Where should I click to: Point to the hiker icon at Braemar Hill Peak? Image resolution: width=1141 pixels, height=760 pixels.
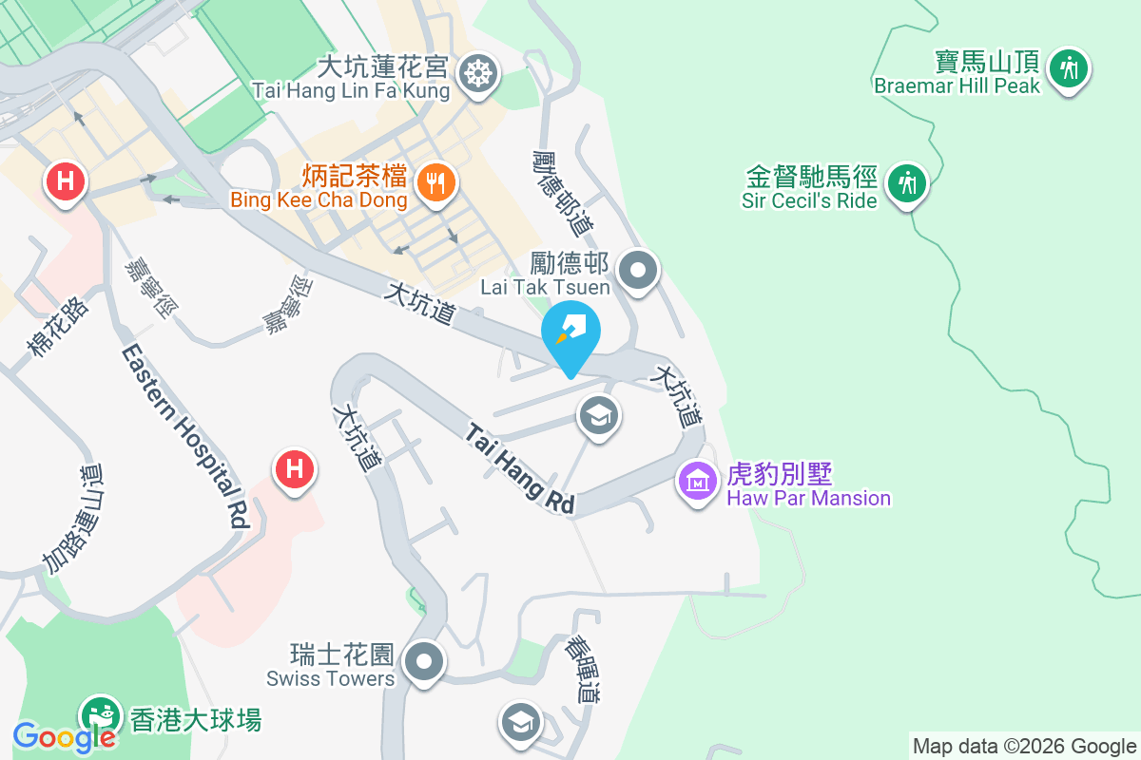[x=1070, y=67]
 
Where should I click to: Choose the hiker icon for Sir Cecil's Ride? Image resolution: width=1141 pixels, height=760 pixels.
[x=906, y=181]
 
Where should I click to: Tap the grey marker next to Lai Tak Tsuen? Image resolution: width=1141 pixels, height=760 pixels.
[x=638, y=271]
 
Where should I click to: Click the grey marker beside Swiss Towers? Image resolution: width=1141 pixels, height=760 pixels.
[x=423, y=661]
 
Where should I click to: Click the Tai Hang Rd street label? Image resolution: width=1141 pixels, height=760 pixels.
[x=521, y=469]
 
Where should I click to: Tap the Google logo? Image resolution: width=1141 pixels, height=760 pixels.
[x=64, y=735]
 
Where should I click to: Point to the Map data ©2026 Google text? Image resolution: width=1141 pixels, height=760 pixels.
[x=1025, y=746]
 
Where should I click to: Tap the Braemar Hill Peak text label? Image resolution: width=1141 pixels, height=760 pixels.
[x=957, y=85]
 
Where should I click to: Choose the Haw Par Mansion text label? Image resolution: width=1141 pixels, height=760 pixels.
[x=808, y=498]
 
